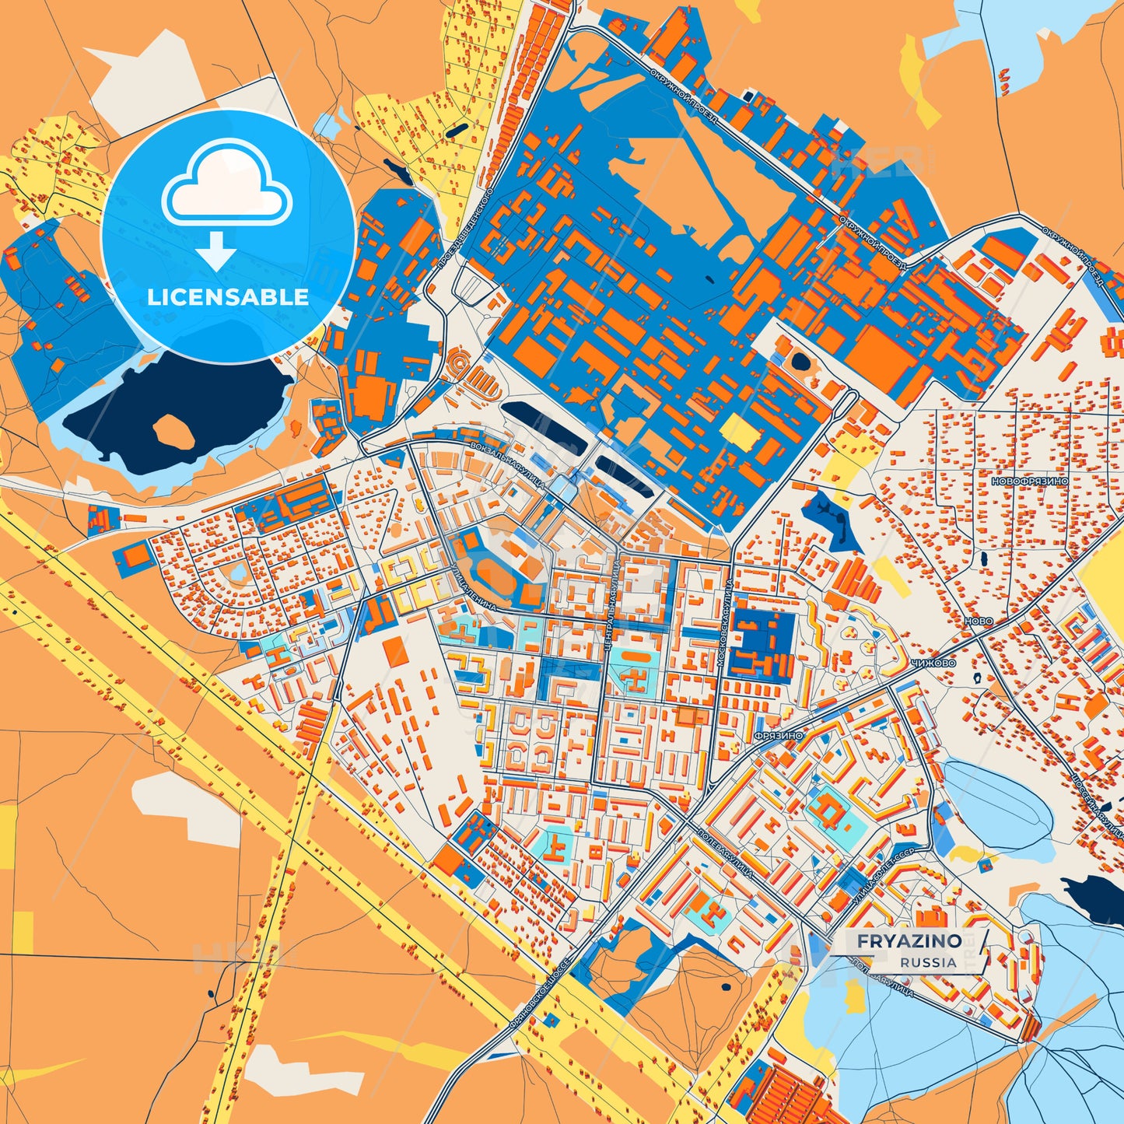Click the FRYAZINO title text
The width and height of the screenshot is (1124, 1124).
(x=909, y=941)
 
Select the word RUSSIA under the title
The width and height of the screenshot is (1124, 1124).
(x=928, y=962)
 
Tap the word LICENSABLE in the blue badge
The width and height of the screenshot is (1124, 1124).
(x=228, y=297)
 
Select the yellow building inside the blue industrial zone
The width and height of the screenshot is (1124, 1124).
(x=737, y=431)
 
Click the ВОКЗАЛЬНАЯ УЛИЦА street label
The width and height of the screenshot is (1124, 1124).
(x=507, y=464)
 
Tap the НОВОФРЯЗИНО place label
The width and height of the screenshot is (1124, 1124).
(x=1029, y=481)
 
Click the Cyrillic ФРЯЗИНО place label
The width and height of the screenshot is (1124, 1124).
(x=778, y=735)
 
